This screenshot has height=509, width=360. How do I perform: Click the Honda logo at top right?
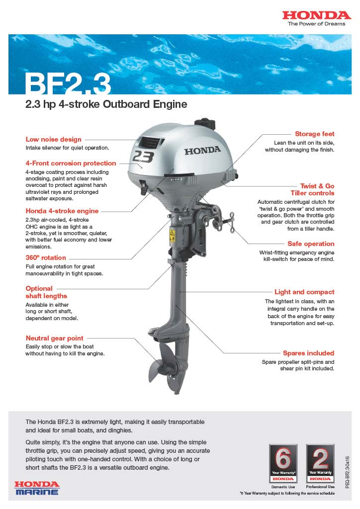[316, 16]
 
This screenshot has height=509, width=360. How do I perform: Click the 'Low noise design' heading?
[53, 139]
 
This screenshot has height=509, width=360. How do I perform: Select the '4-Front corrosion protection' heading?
[71, 163]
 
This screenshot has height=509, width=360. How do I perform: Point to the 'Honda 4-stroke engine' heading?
[62, 211]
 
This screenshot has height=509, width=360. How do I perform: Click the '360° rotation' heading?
[45, 257]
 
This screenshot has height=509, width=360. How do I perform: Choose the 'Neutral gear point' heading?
[54, 338]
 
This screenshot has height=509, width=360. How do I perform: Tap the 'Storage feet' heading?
[314, 134]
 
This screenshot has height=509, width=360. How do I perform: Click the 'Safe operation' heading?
[311, 244]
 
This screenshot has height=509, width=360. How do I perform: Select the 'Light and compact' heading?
[304, 292]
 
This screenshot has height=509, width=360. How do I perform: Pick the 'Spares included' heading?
[308, 353]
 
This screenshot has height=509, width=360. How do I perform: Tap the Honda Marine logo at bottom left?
[37, 487]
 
